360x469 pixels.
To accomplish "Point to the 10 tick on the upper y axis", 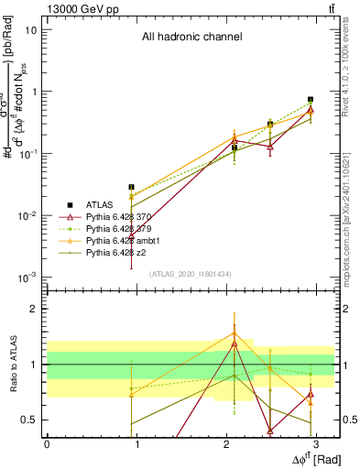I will click(30, 29).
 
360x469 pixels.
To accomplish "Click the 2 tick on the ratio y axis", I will click(34, 310).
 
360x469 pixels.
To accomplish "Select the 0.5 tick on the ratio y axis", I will click(30, 420).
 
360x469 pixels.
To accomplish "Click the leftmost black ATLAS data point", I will click(132, 187).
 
